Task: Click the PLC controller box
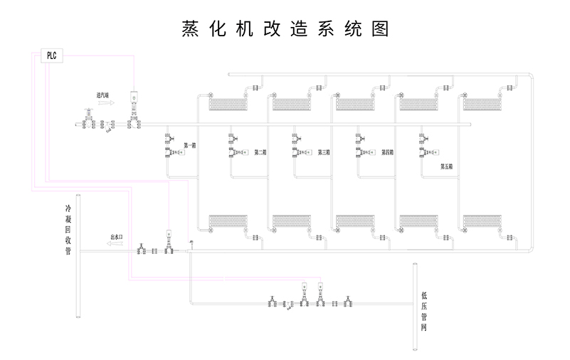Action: pyautogui.click(x=51, y=55)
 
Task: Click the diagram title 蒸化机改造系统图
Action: pyautogui.click(x=285, y=28)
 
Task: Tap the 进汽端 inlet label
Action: pyautogui.click(x=105, y=94)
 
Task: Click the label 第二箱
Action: pyautogui.click(x=260, y=152)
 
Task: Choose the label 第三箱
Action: pyautogui.click(x=324, y=152)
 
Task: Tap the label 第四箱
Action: pyautogui.click(x=388, y=152)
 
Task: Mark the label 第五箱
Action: pyautogui.click(x=446, y=167)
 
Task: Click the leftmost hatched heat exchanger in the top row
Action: pyautogui.click(x=227, y=105)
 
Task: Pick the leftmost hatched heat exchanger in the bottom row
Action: pyautogui.click(x=227, y=221)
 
